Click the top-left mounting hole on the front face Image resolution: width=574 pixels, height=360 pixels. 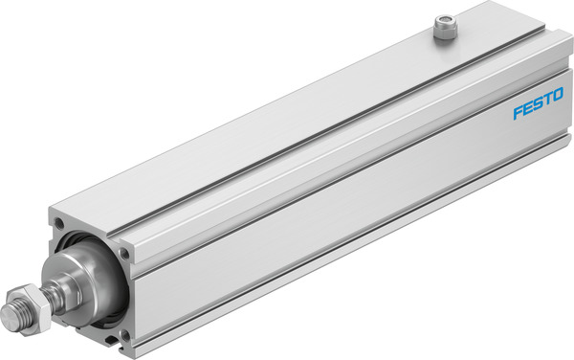pyautogui.click(x=60, y=224)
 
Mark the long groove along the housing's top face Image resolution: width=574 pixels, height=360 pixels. pyautogui.click(x=287, y=124)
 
